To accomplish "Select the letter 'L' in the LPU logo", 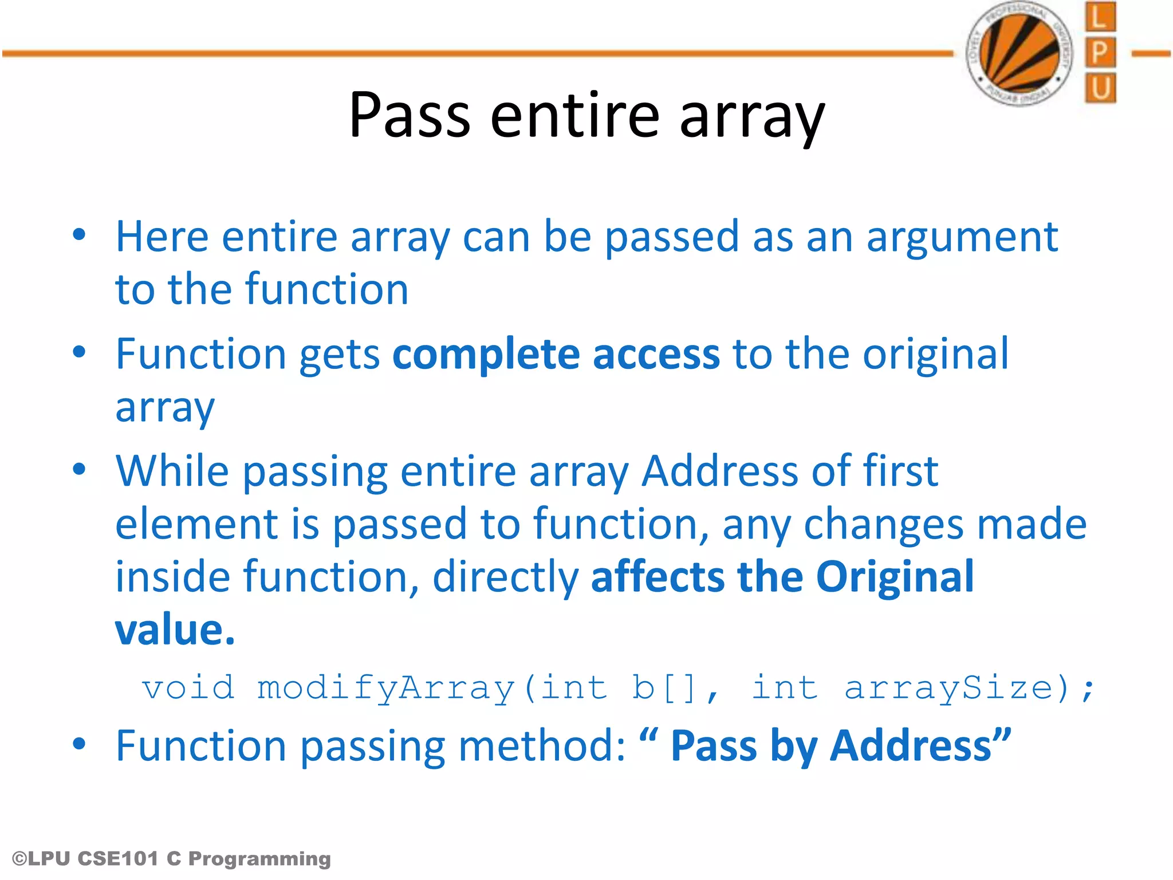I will tap(1100, 17).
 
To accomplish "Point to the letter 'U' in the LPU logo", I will tap(1100, 88).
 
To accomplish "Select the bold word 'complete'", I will tap(486, 355).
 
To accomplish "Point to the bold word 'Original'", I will tap(895, 577).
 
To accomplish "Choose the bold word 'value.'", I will tap(175, 630).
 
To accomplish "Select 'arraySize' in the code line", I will tap(949, 688).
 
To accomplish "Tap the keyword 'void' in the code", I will tap(188, 687).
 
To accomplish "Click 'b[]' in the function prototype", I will tap(664, 688).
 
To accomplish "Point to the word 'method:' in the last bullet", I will tap(542, 747).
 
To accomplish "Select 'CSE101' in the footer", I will tap(117, 859).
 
